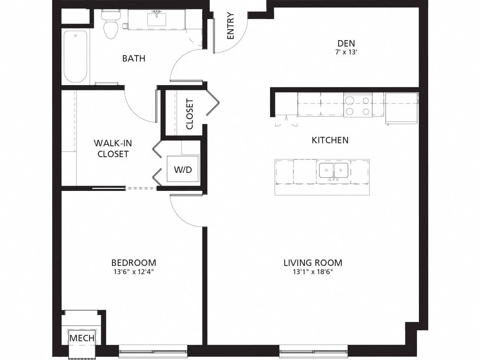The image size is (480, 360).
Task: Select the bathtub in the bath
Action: [x=75, y=56]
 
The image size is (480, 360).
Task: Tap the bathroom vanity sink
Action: [x=157, y=19]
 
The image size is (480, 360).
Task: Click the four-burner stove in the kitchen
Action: [x=358, y=106]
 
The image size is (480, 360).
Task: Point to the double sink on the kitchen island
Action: [x=333, y=171]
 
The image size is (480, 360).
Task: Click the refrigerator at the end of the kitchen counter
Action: [x=401, y=108]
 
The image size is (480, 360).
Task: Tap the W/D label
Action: [x=183, y=170]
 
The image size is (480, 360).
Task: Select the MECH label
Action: [x=82, y=338]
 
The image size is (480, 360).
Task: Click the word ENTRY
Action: [x=230, y=26]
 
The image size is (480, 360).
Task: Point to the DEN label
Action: [x=346, y=43]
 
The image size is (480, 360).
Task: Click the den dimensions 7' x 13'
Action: [x=346, y=52]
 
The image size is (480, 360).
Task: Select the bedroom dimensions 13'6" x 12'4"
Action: [x=133, y=272]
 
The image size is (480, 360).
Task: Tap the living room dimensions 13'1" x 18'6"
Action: [x=313, y=272]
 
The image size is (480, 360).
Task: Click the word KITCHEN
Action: [x=330, y=140]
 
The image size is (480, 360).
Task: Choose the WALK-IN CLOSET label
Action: [x=113, y=148]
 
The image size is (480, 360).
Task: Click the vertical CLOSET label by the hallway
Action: [x=190, y=114]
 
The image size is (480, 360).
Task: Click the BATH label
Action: [x=133, y=58]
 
